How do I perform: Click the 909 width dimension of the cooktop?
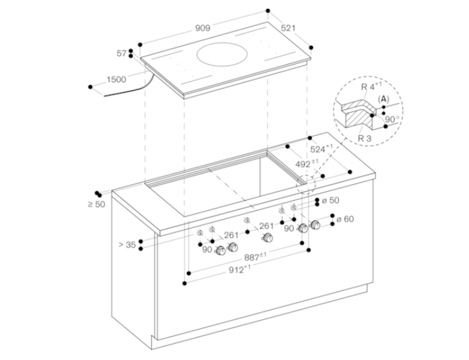coord(202,28)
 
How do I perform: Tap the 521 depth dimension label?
coord(288,28)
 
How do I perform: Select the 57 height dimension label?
coord(122,54)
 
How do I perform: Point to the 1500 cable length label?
coord(116,80)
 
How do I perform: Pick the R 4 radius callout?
coord(371,87)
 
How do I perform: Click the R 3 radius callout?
coord(365,139)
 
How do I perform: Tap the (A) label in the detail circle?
coord(384,99)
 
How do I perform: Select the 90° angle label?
coord(392,120)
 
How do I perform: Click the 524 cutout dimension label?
coord(322,148)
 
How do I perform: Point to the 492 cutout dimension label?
coord(307,164)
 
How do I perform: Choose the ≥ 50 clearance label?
coord(96,205)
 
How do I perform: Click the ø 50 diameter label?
coord(331,200)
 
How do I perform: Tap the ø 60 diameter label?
coord(345,219)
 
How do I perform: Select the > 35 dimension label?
coord(127,245)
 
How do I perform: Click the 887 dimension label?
coord(255,257)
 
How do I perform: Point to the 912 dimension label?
coord(239,269)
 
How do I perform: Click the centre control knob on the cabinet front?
coord(268,238)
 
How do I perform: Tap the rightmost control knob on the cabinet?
coord(314,225)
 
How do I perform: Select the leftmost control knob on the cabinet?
coord(221,251)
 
